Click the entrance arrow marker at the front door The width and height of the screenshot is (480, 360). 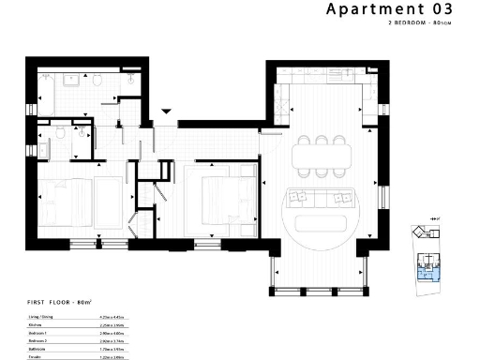point(166,111)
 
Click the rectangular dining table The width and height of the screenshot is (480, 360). point(321,156)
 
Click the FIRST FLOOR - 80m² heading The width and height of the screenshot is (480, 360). point(58,303)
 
